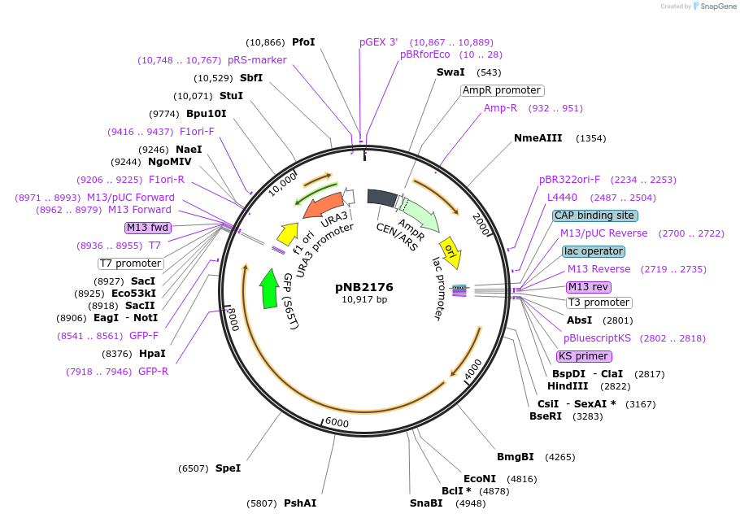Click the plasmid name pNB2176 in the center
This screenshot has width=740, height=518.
coord(364,287)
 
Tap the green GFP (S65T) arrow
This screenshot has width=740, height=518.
coord(268,289)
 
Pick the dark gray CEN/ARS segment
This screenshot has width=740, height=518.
coord(381,197)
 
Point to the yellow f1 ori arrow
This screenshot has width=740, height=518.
coord(287,233)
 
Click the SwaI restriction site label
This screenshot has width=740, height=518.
coord(451,72)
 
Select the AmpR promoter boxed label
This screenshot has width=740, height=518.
coord(502,90)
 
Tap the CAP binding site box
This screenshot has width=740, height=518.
coord(594,215)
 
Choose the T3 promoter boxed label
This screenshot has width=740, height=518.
coord(599,303)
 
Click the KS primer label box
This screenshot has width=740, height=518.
coord(584,356)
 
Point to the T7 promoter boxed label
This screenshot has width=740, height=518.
coord(131,263)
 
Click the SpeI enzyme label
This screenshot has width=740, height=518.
coord(228,468)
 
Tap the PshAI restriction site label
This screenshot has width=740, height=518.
coord(300,503)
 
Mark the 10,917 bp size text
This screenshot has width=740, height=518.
coord(364,300)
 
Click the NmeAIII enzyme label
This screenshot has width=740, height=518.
coord(538,138)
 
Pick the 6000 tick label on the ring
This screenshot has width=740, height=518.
coord(336,424)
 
